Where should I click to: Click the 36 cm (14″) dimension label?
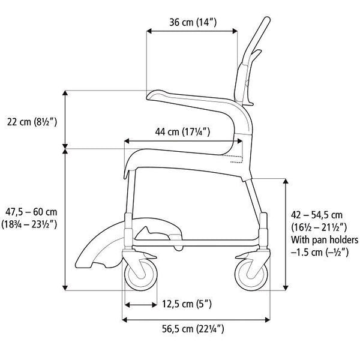pos(193,23)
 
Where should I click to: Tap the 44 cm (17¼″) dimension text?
pos(182,132)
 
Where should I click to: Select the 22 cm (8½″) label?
pos(32,122)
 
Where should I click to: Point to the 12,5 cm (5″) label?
pos(187,304)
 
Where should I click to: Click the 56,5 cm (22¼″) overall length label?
pos(193,329)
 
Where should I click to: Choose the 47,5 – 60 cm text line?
pos(31,212)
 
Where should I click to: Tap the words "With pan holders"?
pos(325,240)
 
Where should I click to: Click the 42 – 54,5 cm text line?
pos(317,215)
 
